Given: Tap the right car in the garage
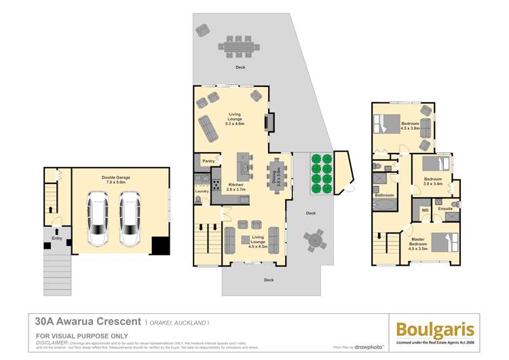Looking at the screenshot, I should tap(130, 218).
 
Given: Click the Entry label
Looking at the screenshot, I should tap(56, 238).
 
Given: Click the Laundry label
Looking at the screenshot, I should tap(202, 192).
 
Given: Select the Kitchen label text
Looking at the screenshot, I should tap(236, 185).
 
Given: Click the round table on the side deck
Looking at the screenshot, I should tap(314, 240).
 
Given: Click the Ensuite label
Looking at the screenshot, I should tap(445, 209).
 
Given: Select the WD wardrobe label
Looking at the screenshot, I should tap(426, 211).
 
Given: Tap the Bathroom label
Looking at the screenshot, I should tap(384, 195).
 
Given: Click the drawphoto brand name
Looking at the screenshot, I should tap(369, 347).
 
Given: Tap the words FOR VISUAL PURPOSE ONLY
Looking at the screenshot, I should tap(81, 336).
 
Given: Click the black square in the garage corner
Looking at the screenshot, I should tap(160, 245).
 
